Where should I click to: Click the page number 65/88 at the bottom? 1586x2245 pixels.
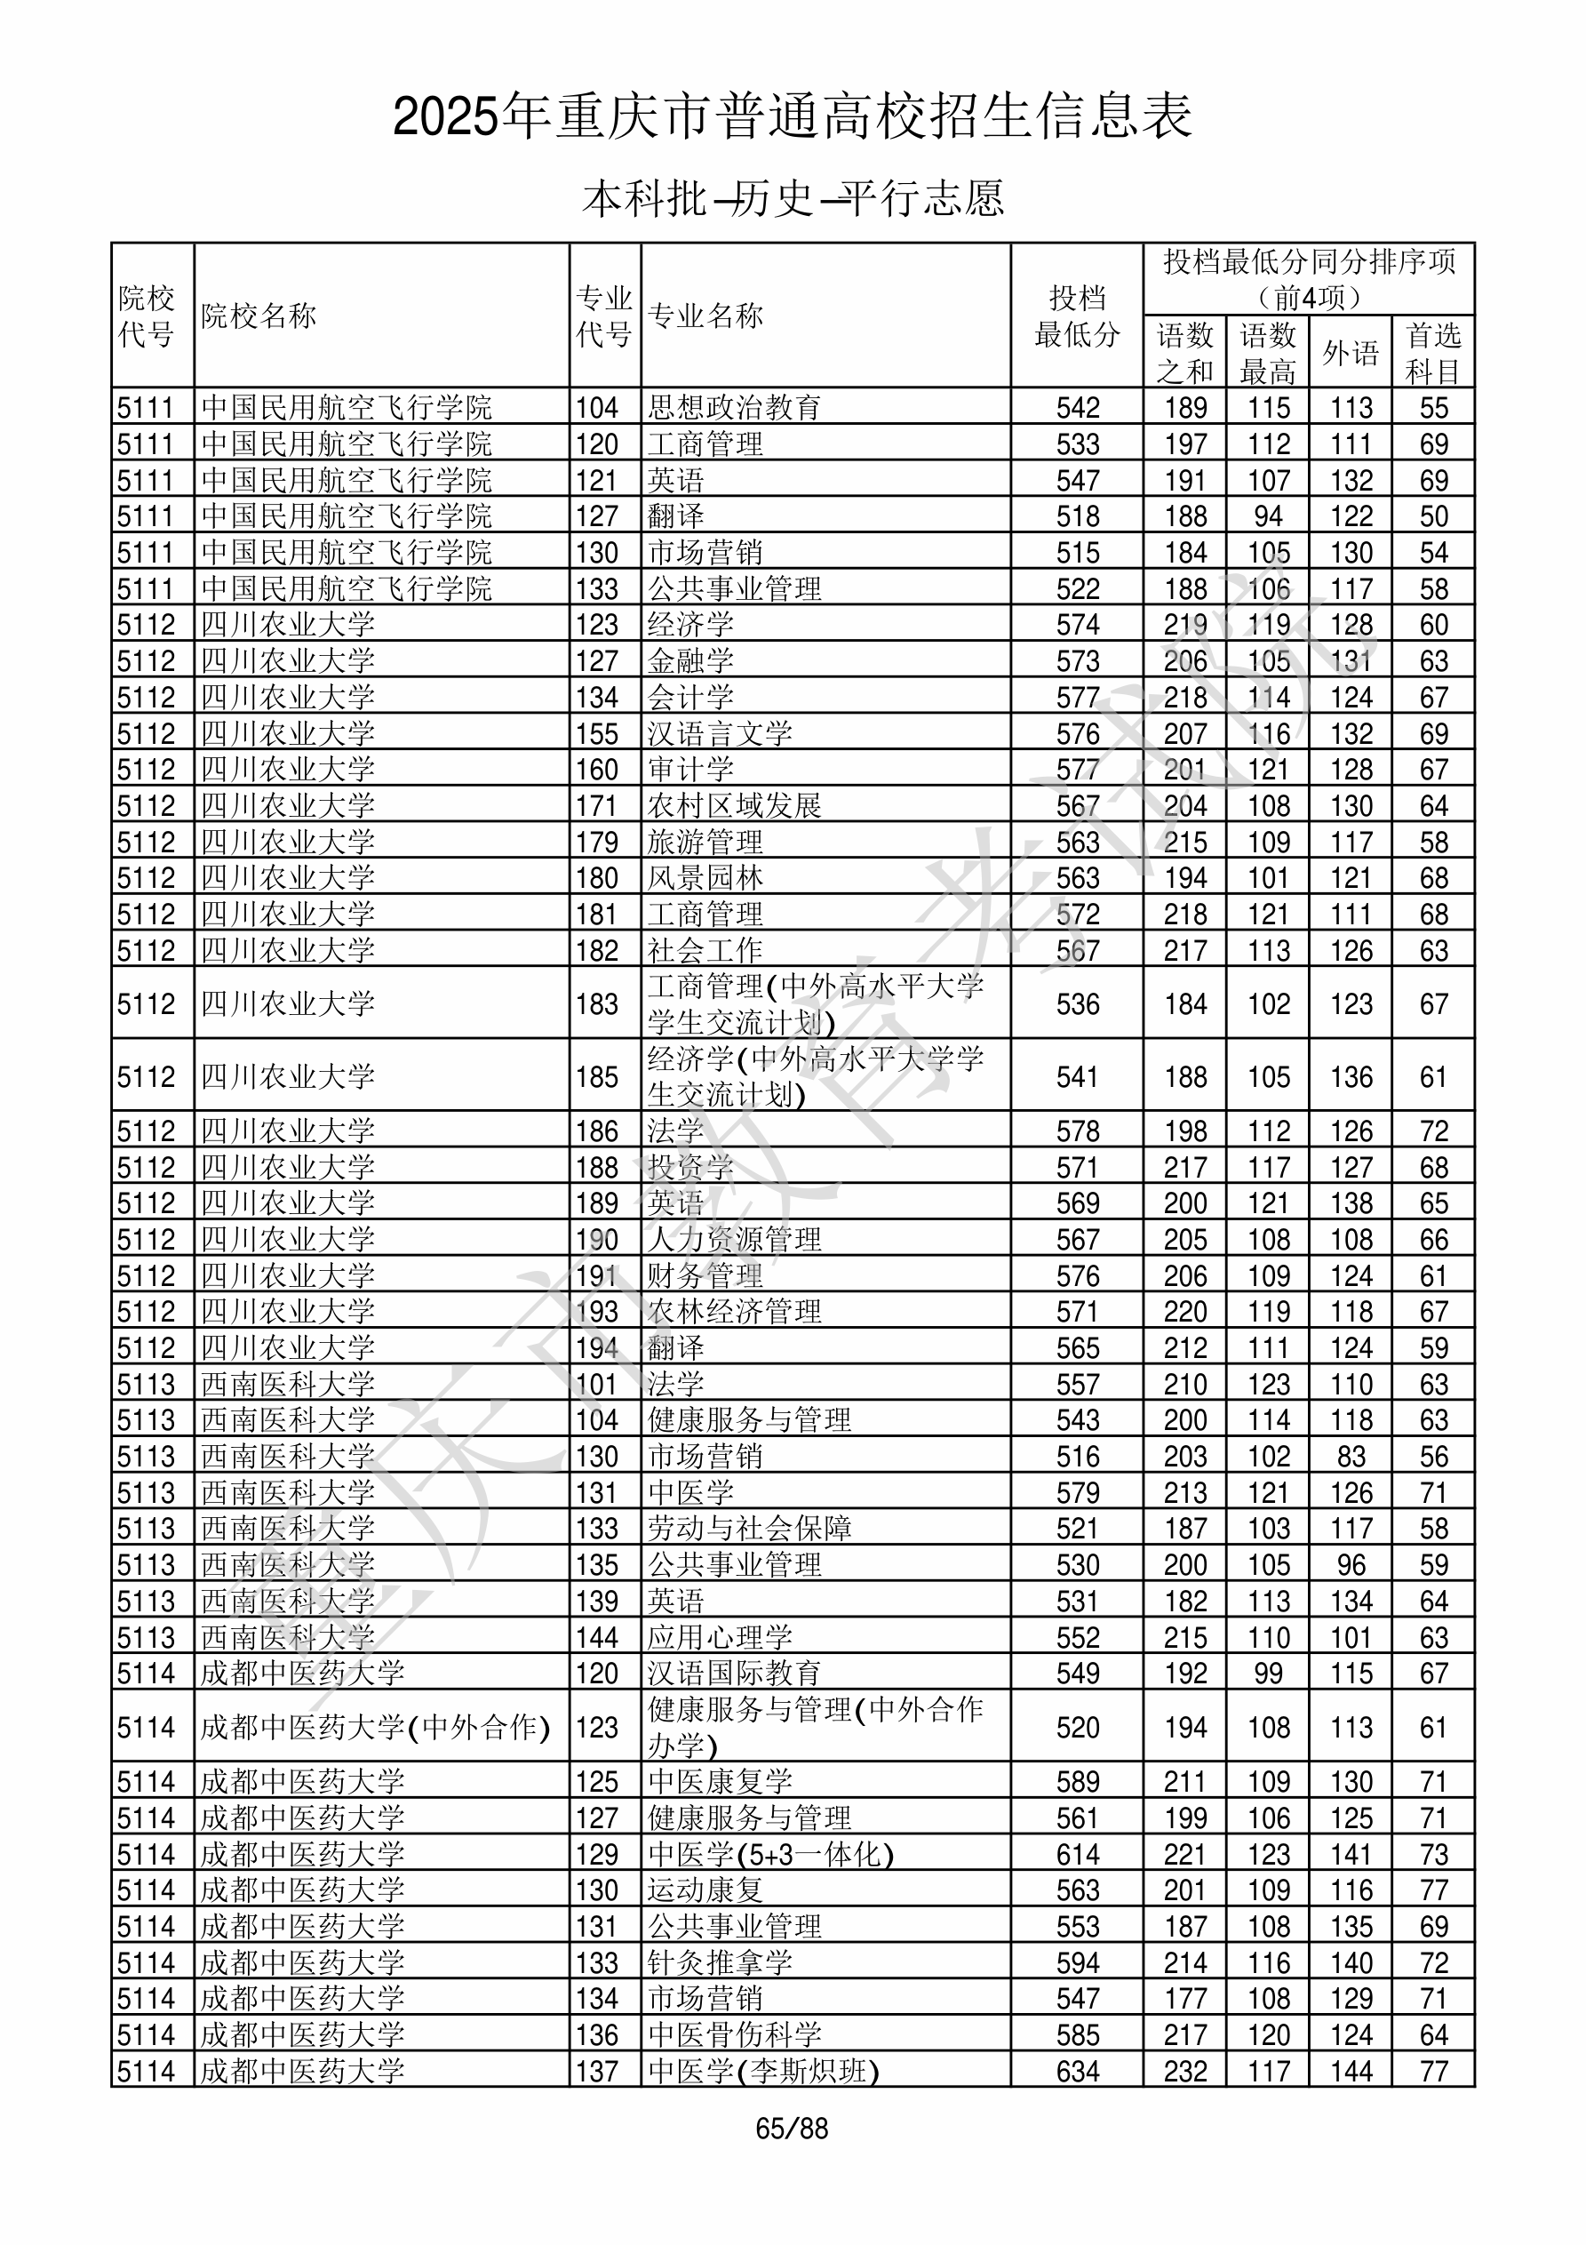tap(791, 2129)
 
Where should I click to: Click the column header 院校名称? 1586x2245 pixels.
tap(259, 316)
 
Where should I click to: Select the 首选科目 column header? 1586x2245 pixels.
tap(1432, 353)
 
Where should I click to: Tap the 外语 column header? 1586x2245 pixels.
tap(1351, 353)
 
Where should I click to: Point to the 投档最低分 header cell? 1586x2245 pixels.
tap(1077, 316)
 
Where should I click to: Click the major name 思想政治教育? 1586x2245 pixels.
tap(734, 407)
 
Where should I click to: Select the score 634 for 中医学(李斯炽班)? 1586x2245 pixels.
tap(1078, 2071)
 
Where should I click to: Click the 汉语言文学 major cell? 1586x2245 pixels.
tap(720, 733)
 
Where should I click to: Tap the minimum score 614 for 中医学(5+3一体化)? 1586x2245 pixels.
tap(1078, 1854)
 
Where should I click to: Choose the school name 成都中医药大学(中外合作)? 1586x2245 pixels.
tap(376, 1727)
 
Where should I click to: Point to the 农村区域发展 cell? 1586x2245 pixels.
tap(734, 806)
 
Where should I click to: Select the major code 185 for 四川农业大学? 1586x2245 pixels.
tap(596, 1076)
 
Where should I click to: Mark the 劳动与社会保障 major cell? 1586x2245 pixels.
tap(749, 1529)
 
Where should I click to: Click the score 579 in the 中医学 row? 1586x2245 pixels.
tap(1078, 1492)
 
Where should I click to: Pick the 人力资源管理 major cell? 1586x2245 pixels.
tap(734, 1239)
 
